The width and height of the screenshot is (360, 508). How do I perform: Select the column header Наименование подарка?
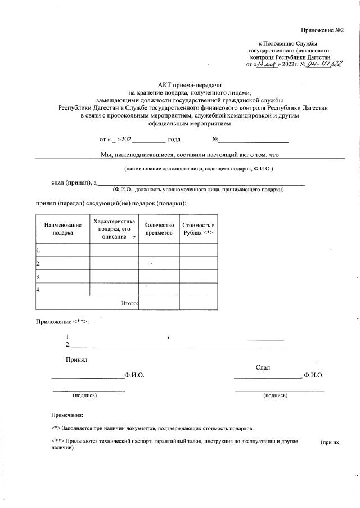tap(62, 228)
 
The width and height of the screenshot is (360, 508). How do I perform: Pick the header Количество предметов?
tap(159, 228)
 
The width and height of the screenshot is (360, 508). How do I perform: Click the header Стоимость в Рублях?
tap(198, 228)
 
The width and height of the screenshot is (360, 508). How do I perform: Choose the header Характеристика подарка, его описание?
tap(114, 228)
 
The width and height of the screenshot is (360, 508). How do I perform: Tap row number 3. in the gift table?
tap(38, 276)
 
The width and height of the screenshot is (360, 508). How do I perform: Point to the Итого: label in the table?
tap(129, 303)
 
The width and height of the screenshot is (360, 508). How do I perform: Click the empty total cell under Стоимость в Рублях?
tap(198, 303)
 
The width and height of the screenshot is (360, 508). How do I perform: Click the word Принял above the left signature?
tap(76, 359)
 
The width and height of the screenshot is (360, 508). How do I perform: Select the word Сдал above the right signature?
tap(263, 367)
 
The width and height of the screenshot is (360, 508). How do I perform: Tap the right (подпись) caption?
tap(276, 395)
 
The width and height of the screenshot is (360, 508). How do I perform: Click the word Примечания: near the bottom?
tap(67, 415)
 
